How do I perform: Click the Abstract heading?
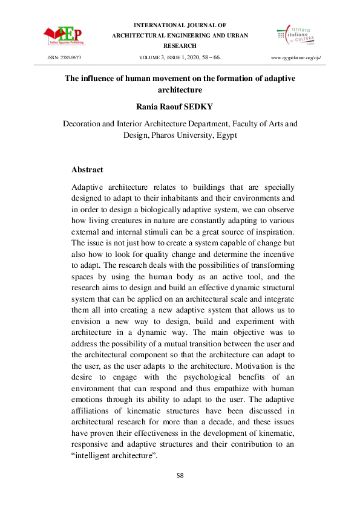coord(87,170)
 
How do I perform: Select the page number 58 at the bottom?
coord(180,475)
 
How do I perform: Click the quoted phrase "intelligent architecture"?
coord(115,456)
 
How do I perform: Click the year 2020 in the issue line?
coord(193,57)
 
